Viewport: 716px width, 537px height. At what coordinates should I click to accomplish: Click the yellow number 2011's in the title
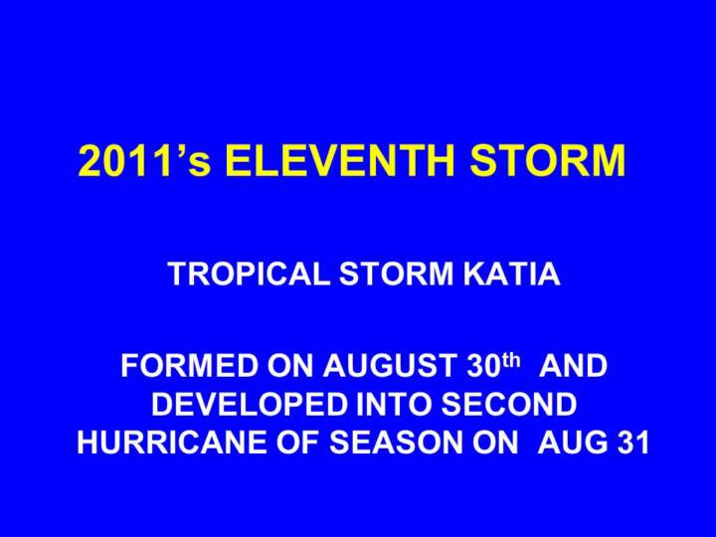144,160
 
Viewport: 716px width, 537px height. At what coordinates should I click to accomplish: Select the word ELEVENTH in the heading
340,160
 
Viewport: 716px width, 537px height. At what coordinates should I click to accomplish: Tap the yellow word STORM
548,160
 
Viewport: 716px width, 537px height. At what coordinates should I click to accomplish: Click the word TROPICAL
249,274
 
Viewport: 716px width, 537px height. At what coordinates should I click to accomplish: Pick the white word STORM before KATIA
396,274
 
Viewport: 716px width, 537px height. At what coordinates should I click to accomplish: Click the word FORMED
190,365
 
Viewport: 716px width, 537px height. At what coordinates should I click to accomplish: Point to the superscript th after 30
511,360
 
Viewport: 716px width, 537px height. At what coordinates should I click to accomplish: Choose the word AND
573,365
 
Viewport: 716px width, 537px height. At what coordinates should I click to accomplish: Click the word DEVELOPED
249,404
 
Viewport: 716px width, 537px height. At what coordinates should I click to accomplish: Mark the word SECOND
508,404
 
